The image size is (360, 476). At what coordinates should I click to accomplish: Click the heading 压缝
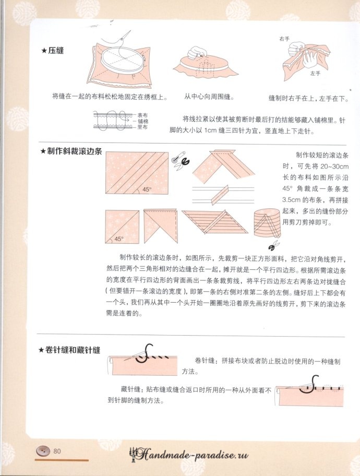56,51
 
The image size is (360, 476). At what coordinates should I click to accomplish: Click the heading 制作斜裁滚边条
75,151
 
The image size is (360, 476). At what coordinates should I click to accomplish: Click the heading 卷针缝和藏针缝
73,350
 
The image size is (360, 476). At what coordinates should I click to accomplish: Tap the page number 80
57,451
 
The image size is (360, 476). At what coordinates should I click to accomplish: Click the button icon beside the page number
43,451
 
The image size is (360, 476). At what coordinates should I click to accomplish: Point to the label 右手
284,39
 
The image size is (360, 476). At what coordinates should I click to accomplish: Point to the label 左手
315,74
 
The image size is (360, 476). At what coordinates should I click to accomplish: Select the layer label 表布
142,115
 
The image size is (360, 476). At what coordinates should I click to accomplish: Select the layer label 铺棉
143,121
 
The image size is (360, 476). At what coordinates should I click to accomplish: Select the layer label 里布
142,127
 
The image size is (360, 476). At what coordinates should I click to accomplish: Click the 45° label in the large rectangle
147,189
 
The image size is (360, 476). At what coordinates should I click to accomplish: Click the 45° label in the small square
119,239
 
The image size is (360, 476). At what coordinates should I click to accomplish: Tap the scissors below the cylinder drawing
274,245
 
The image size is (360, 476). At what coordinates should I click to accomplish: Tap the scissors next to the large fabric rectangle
181,160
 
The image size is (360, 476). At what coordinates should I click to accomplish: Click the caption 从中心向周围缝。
209,97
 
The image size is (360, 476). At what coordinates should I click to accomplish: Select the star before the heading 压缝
44,51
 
